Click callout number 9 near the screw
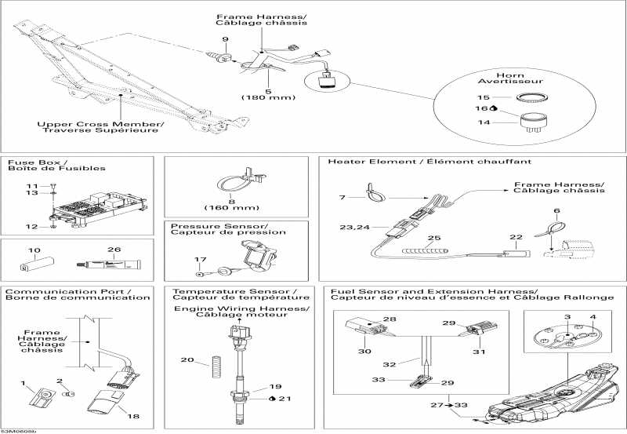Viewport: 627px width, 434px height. tap(225, 38)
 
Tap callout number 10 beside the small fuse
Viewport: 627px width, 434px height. tap(34, 250)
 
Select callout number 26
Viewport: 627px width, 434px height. tap(115, 250)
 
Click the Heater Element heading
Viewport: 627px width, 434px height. tap(429, 161)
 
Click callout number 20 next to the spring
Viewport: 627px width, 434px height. tap(186, 360)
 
